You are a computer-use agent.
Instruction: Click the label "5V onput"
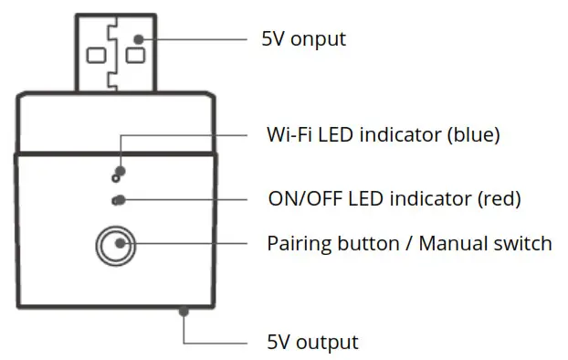click(304, 40)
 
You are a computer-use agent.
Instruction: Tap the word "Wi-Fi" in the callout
click(288, 135)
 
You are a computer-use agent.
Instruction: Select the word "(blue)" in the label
click(474, 135)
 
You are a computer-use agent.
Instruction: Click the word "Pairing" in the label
click(297, 244)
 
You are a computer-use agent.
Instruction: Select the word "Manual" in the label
click(458, 244)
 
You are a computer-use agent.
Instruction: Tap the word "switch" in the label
click(523, 244)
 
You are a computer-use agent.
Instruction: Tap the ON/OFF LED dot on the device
click(117, 200)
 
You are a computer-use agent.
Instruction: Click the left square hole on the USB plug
click(96, 56)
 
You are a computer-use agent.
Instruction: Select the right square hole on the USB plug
click(136, 56)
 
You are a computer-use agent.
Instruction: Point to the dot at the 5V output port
click(184, 312)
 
